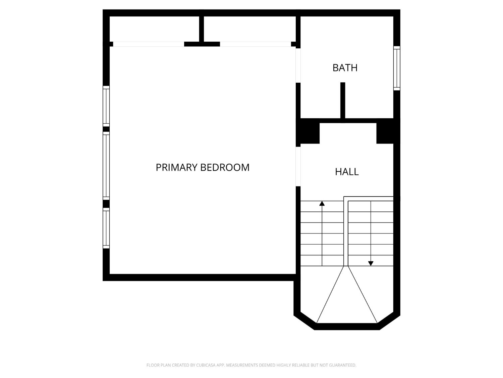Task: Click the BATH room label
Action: (x=345, y=68)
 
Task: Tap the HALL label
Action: (x=347, y=172)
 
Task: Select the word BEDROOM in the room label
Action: (x=225, y=167)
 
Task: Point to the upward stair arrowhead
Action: (x=322, y=203)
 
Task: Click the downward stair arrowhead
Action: (x=371, y=263)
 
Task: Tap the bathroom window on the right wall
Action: (x=397, y=68)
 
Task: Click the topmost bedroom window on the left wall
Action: (x=106, y=106)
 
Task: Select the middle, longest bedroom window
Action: (x=106, y=166)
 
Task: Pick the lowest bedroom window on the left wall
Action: (x=106, y=228)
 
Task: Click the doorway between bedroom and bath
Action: (x=298, y=66)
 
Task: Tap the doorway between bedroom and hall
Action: (x=298, y=166)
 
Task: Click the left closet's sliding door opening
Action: (x=149, y=44)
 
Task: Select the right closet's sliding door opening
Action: (x=256, y=44)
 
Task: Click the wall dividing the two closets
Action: (x=202, y=29)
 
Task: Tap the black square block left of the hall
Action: (x=308, y=133)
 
